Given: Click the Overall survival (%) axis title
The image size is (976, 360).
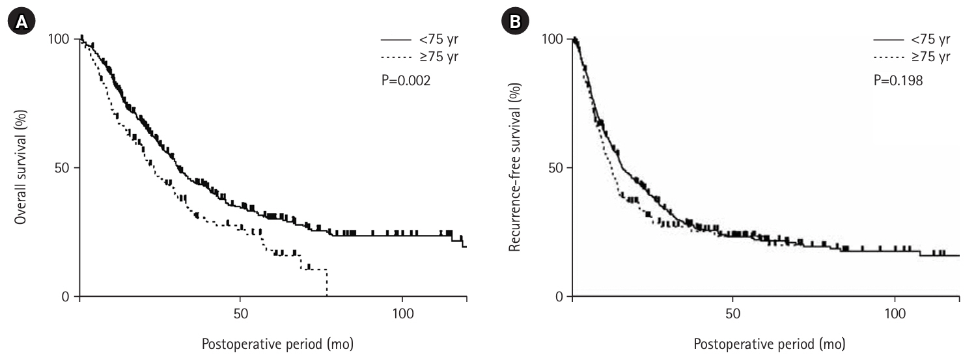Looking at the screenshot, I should [x=21, y=167].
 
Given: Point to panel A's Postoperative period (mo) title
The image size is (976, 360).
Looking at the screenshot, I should [x=277, y=343].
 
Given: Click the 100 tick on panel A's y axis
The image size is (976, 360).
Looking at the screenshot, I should [x=60, y=39].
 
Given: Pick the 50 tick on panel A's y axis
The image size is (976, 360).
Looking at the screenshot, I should [x=64, y=167].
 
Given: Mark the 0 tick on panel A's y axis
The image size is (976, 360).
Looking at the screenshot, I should [x=68, y=297].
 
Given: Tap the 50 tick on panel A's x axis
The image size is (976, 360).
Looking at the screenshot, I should [x=240, y=314].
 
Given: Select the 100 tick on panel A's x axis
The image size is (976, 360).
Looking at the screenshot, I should [x=402, y=314].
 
